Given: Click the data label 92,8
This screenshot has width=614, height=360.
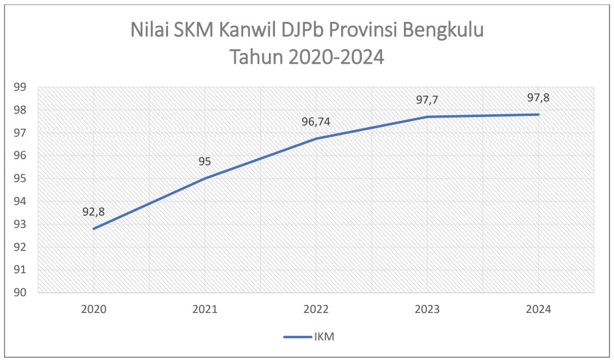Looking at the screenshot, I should click(x=94, y=212).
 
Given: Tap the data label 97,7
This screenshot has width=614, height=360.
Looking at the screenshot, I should click(x=427, y=100).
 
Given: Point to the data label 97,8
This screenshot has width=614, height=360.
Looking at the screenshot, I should click(x=538, y=97).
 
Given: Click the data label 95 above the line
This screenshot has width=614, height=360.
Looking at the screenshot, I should click(x=204, y=162).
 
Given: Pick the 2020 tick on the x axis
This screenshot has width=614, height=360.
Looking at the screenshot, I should click(x=93, y=310).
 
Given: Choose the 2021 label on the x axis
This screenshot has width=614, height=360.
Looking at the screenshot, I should click(x=204, y=310).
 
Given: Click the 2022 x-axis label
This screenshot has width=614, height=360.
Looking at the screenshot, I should click(x=315, y=310).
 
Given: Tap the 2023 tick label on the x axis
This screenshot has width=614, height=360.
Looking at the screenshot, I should click(x=427, y=310).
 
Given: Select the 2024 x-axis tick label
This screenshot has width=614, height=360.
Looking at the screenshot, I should click(x=538, y=310).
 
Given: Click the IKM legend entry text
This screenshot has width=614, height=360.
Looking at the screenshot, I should click(x=325, y=336).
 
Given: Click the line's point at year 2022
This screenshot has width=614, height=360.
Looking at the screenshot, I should click(x=315, y=138).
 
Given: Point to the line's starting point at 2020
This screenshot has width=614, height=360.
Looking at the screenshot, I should click(x=94, y=228).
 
